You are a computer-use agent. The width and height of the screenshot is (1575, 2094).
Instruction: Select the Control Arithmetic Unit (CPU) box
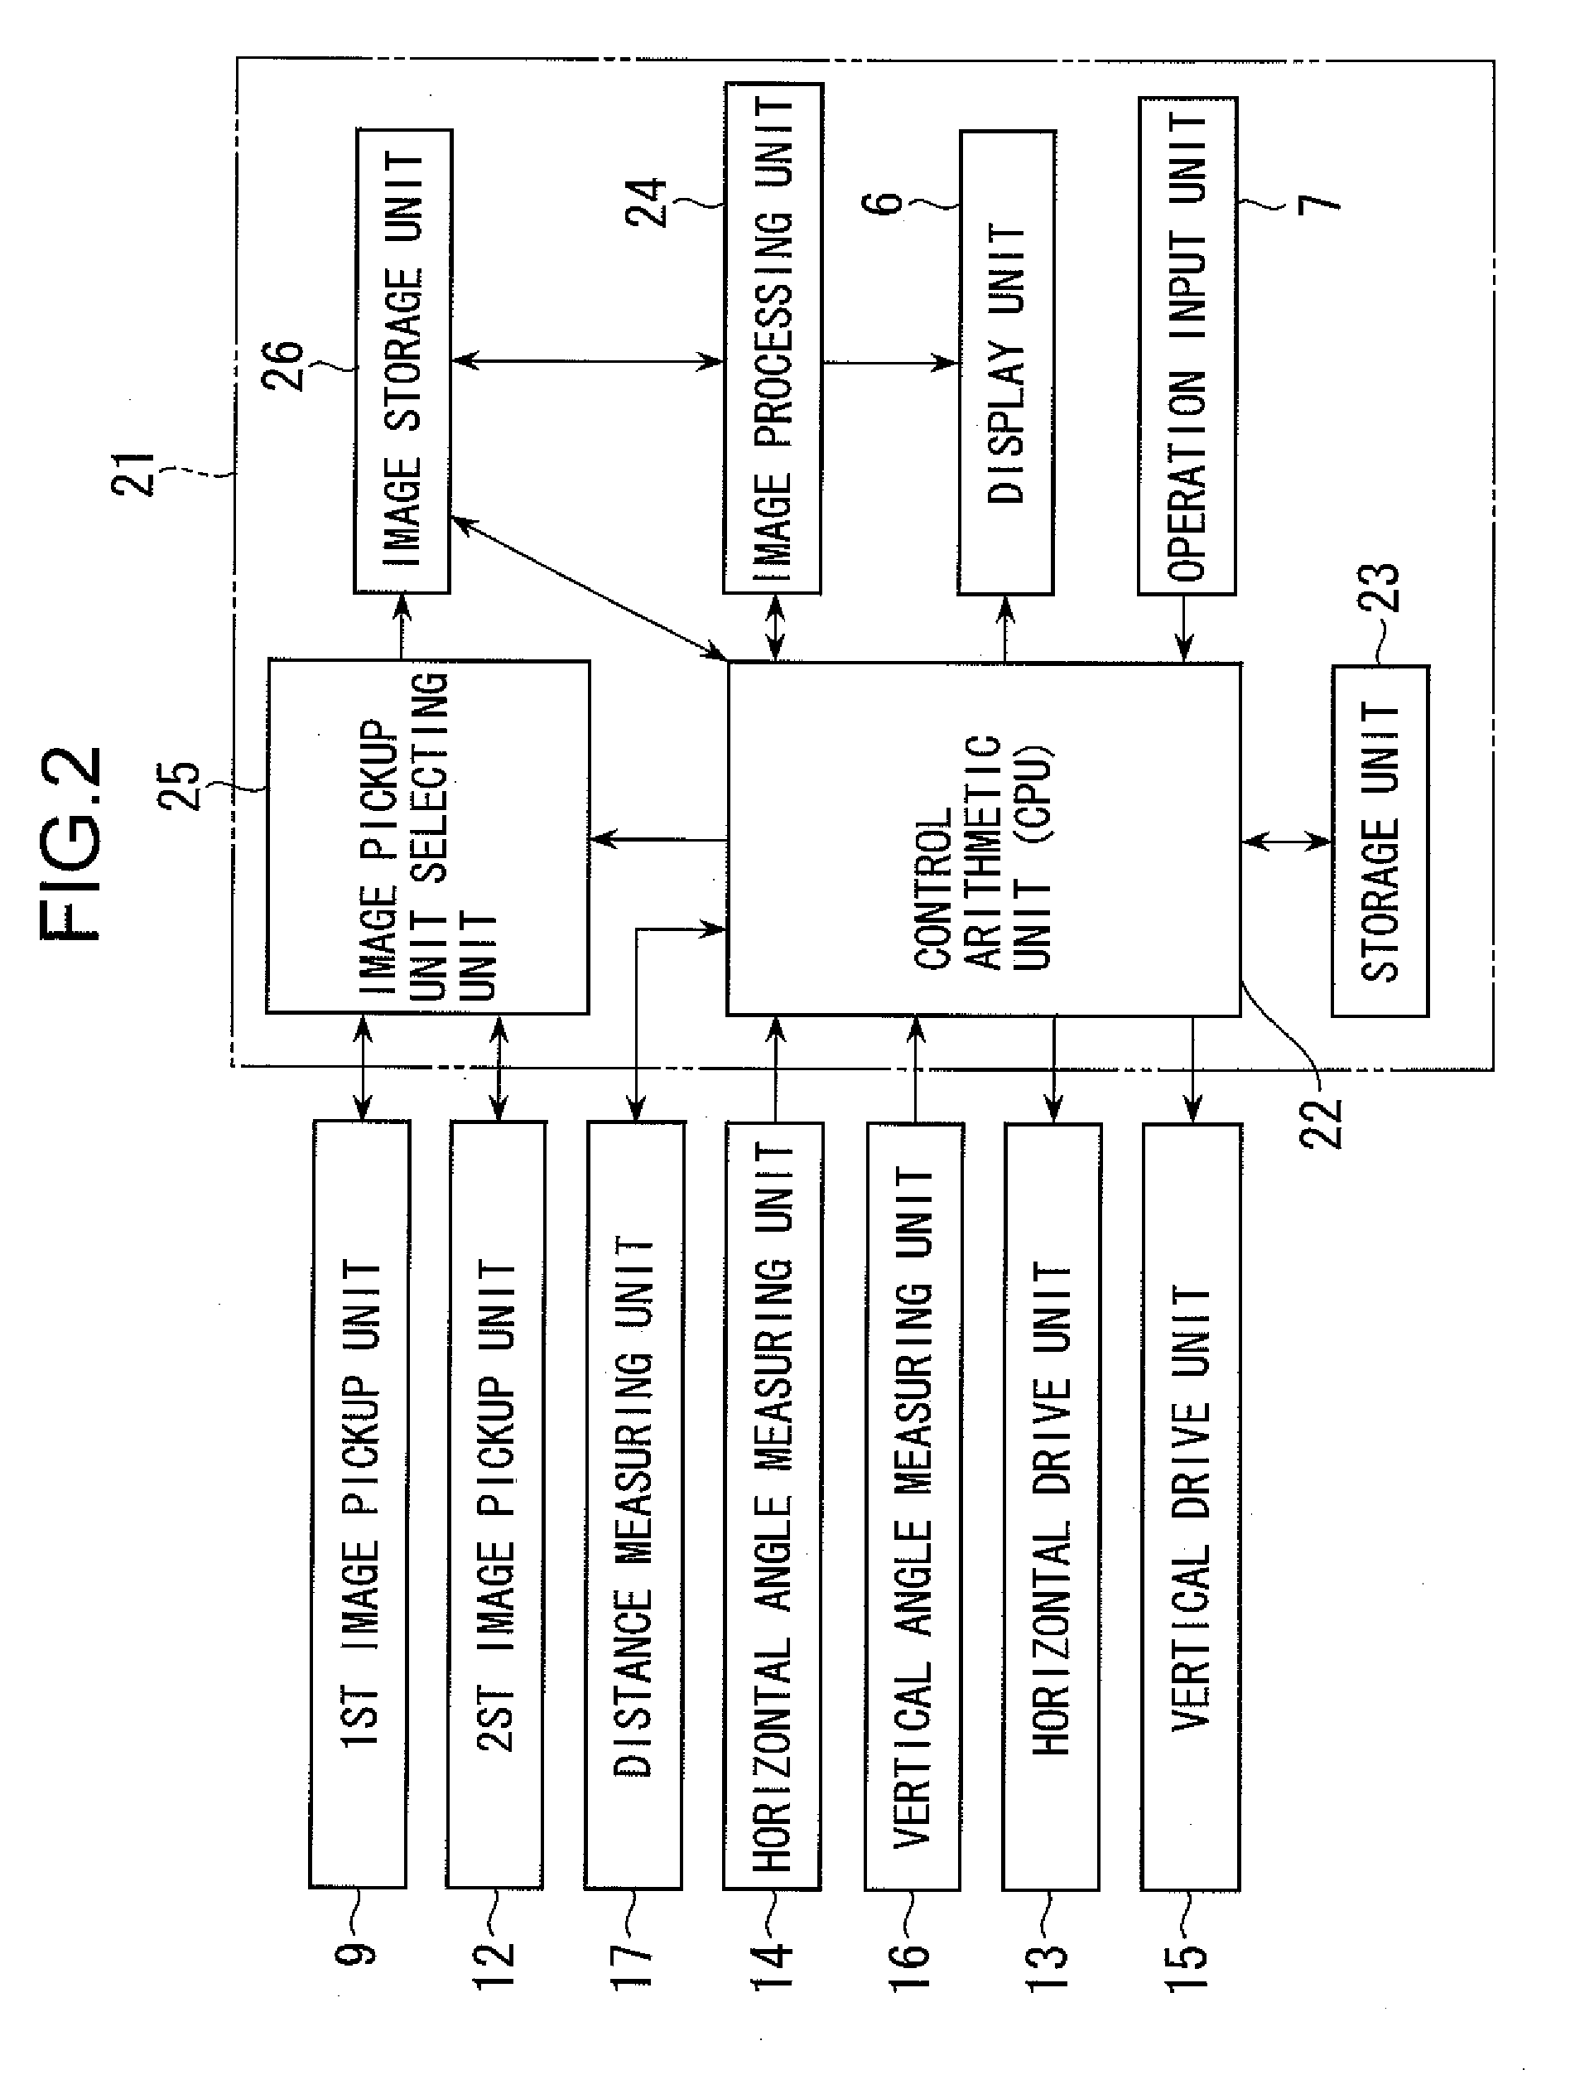pyautogui.click(x=982, y=840)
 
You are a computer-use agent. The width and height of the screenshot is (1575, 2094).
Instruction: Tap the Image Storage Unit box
pyautogui.click(x=402, y=362)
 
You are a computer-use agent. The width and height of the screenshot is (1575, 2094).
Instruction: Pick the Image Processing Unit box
pyautogui.click(x=773, y=339)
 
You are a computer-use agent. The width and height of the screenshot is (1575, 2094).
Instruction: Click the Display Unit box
pyautogui.click(x=1006, y=362)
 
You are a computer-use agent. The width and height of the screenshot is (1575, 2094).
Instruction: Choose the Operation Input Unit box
pyautogui.click(x=1187, y=345)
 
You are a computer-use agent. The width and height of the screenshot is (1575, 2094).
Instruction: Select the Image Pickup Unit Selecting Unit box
pyautogui.click(x=427, y=837)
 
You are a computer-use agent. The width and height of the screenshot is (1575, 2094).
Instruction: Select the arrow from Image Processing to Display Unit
pyautogui.click(x=889, y=362)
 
